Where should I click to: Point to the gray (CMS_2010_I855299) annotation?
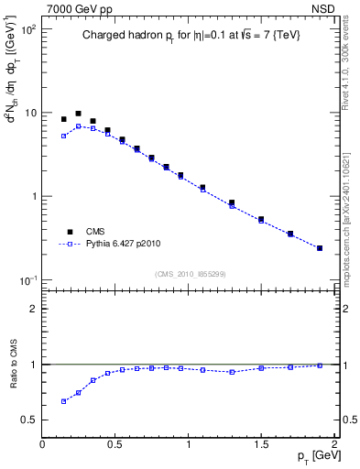coord(190,273)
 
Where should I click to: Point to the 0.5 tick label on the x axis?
coord(115,444)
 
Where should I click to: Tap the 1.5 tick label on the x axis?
coord(261,444)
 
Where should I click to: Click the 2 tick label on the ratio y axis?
coord(32,309)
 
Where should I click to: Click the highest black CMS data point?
coord(78,114)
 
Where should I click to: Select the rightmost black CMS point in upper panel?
coord(320,247)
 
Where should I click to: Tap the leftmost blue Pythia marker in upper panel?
coord(63,136)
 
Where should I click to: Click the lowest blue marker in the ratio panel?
coord(63,401)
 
